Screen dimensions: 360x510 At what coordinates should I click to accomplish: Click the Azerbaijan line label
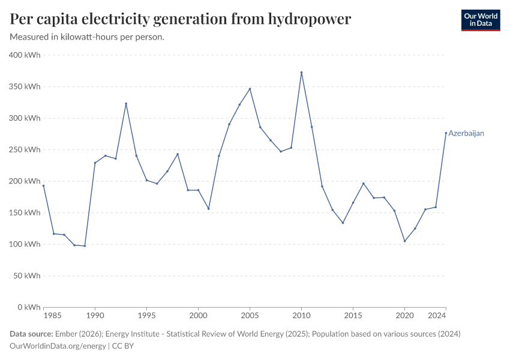coord(466,133)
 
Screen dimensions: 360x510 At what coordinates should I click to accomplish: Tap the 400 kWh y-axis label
coord(25,55)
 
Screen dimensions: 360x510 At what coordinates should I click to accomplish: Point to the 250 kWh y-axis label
coord(25,149)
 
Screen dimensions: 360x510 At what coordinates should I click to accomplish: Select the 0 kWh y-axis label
coord(28,307)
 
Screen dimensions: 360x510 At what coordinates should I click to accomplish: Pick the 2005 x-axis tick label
coord(250,315)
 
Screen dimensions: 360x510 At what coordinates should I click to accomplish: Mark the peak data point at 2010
coord(301,73)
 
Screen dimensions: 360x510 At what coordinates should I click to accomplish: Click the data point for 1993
coord(126,103)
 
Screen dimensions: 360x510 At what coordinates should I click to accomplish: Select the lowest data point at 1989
coord(85,246)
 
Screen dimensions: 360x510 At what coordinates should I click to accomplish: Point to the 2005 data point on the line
coord(250,89)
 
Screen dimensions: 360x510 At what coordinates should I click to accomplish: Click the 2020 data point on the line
coord(404,241)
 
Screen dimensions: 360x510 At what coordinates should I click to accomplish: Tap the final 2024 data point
coord(446,133)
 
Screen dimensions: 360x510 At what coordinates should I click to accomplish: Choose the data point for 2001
coord(208,209)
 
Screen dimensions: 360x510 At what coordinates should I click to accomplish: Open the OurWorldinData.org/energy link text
coord(58,346)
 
